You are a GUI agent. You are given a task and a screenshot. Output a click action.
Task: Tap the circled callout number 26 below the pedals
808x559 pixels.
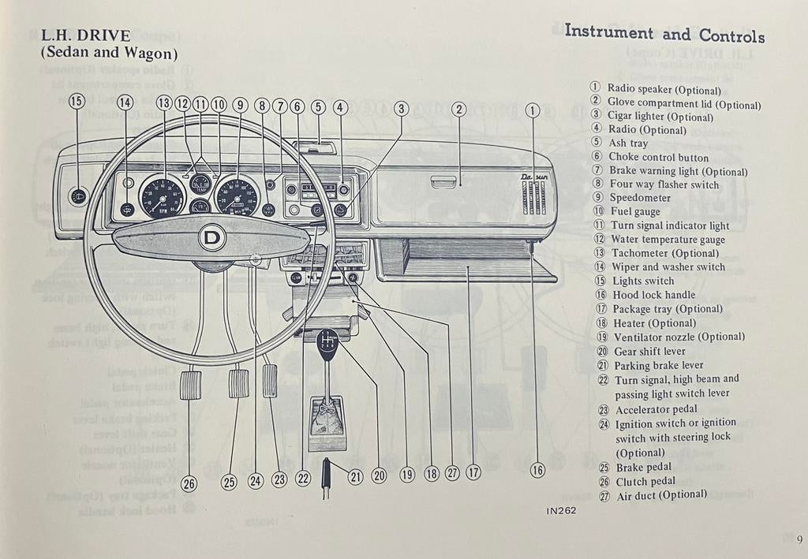189,484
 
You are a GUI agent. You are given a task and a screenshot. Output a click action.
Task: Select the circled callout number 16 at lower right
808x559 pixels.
537,471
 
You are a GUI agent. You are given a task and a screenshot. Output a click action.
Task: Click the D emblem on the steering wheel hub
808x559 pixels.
211,237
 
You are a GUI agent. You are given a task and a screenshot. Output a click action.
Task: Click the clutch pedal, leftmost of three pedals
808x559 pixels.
191,384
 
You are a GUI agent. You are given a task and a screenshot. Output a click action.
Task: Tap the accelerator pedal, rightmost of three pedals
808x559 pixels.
270,381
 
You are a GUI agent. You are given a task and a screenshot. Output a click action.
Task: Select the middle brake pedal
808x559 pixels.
238,383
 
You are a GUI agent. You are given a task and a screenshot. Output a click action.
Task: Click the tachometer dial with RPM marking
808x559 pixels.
162,197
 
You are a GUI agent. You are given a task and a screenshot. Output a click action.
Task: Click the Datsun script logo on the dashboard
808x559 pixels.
534,179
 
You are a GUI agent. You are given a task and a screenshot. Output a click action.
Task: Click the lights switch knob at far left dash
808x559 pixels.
77,196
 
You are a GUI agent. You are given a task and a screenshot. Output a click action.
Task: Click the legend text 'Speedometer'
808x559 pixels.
640,198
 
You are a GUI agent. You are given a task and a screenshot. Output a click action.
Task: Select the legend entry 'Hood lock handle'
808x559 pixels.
653,295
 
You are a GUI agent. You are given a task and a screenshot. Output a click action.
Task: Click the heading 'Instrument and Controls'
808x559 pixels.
664,34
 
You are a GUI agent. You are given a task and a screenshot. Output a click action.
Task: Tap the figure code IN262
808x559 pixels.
561,510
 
